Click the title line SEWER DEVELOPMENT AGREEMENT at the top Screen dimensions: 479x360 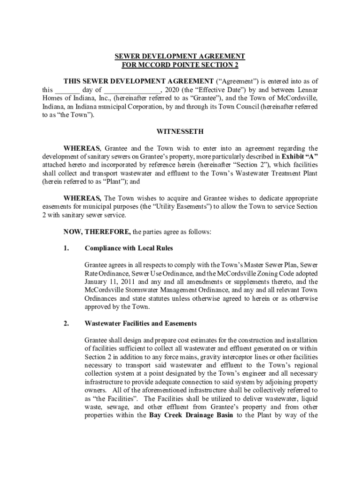(x=180, y=56)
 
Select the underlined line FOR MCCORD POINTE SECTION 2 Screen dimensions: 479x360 (x=180, y=65)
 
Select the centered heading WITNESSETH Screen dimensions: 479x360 (x=180, y=132)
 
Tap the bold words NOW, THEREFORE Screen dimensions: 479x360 (x=98, y=232)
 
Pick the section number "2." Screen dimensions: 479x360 (x=66, y=323)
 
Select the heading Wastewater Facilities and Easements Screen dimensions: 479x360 (x=141, y=323)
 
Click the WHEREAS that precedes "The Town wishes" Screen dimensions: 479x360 (x=82, y=198)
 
